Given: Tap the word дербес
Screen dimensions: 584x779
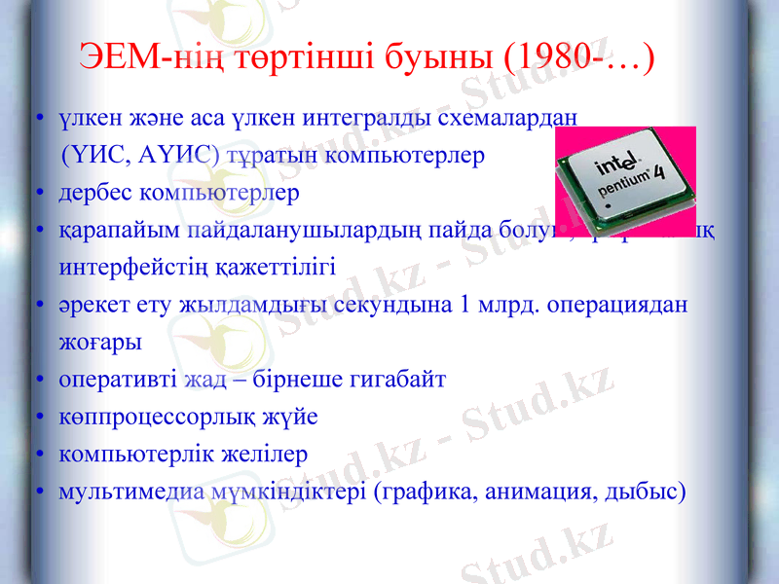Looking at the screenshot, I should click(x=94, y=192).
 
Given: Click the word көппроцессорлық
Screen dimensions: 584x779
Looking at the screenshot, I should click(x=152, y=417).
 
